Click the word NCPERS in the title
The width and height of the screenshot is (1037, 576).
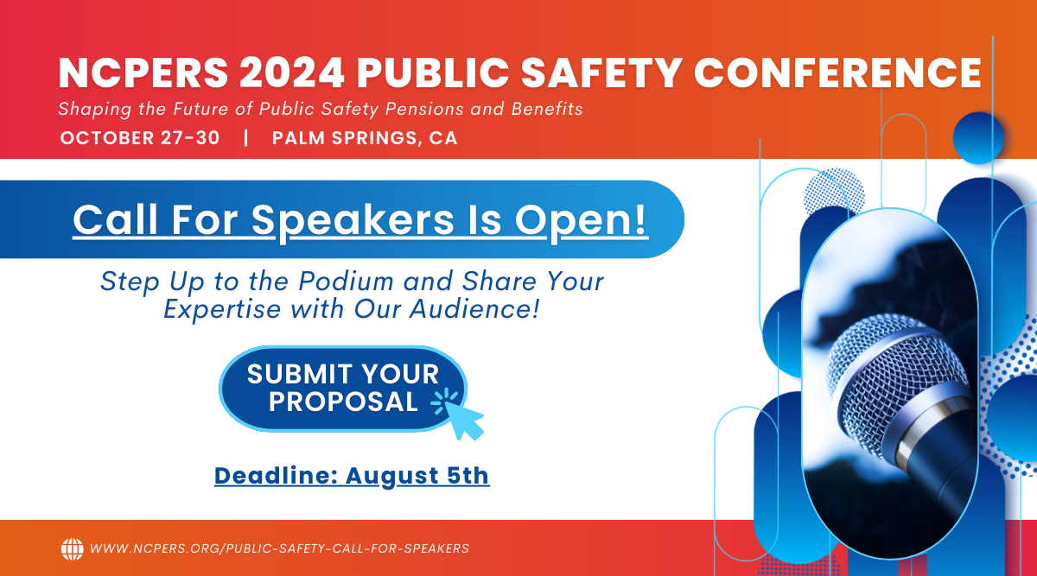(143, 73)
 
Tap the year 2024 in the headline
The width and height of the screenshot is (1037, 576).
(292, 73)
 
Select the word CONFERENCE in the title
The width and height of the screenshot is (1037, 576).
(837, 73)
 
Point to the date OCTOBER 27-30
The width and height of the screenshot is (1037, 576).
(140, 138)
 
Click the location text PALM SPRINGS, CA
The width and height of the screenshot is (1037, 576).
(365, 138)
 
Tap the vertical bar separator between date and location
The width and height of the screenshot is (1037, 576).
(245, 138)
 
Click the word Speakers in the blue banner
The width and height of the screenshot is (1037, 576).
(353, 221)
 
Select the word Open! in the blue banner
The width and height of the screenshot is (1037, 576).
(581, 221)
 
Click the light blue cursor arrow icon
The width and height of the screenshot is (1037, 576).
(464, 419)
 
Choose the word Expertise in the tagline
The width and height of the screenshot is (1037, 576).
(222, 309)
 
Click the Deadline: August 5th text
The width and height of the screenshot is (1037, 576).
(352, 476)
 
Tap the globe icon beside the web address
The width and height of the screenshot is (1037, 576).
(73, 549)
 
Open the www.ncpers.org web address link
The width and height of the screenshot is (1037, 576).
(280, 548)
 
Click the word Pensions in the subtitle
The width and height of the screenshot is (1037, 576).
(424, 109)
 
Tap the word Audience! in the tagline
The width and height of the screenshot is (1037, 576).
(475, 308)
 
